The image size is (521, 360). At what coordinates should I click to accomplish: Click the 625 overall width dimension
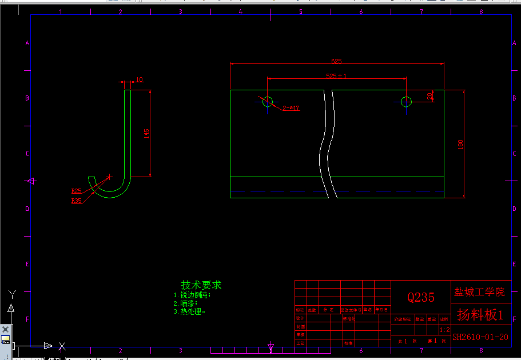click(x=336, y=61)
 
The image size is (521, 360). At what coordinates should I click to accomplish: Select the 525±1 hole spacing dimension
click(x=336, y=75)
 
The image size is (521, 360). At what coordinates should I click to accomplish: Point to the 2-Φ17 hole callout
click(x=291, y=108)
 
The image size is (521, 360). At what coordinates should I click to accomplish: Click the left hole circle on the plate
click(x=267, y=102)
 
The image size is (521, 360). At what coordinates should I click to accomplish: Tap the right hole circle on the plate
click(x=406, y=102)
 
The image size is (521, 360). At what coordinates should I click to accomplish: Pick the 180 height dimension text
click(x=461, y=145)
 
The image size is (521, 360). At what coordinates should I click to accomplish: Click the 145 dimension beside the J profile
click(x=147, y=133)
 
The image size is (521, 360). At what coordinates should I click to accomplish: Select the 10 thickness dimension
click(x=140, y=79)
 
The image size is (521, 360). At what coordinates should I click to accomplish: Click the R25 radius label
click(x=76, y=191)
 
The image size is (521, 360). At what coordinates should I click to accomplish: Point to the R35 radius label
click(x=76, y=201)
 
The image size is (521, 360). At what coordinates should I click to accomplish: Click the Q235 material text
click(x=421, y=297)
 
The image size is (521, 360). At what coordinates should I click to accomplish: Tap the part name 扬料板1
click(x=480, y=314)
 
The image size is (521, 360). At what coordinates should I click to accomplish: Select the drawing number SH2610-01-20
click(x=480, y=337)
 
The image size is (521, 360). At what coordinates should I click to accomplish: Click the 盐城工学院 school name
click(x=480, y=292)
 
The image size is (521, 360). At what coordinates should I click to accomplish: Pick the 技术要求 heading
click(x=201, y=285)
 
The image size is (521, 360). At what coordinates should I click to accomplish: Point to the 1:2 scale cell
click(x=444, y=330)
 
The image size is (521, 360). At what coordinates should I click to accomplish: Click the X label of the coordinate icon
click(x=62, y=345)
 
